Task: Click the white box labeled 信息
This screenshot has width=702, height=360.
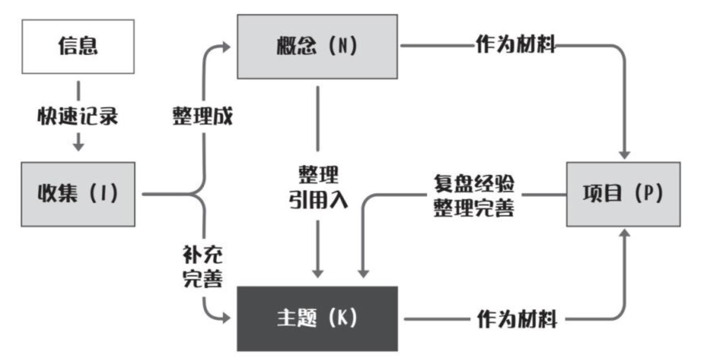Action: [x=78, y=46]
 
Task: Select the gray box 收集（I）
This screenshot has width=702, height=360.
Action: [x=78, y=195]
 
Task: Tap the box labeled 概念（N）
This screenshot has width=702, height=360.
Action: [x=317, y=46]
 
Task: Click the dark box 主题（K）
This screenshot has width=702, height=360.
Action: [x=317, y=319]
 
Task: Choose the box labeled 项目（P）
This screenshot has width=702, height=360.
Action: [x=623, y=195]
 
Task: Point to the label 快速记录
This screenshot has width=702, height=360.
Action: [x=78, y=117]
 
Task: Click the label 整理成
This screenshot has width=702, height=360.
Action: [x=202, y=118]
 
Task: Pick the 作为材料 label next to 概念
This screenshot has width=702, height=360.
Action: [x=516, y=47]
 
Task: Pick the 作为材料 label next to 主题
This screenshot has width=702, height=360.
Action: [x=516, y=320]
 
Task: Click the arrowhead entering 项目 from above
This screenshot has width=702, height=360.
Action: [x=625, y=153]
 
